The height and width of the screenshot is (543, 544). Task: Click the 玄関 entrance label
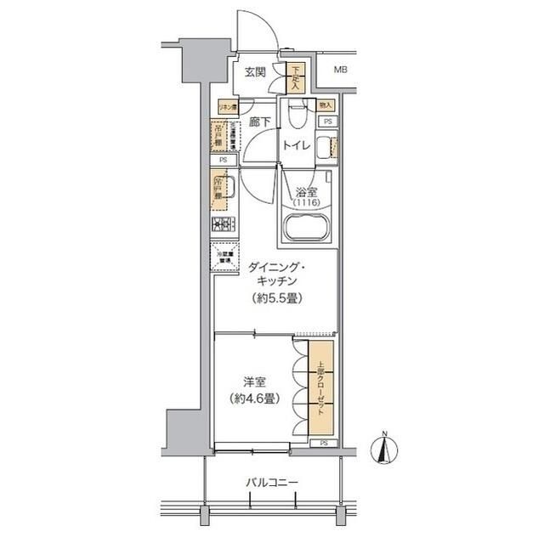point(255,72)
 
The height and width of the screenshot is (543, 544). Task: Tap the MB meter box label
point(340,71)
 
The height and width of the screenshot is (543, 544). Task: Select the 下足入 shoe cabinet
point(296,78)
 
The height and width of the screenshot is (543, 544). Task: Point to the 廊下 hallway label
point(260,123)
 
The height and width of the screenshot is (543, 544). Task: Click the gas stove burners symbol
point(223,225)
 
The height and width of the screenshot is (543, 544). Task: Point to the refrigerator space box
point(223,257)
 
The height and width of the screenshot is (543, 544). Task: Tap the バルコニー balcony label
point(272,484)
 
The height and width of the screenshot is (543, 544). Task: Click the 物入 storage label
point(325,105)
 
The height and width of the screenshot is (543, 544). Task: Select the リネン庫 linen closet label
point(226,108)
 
